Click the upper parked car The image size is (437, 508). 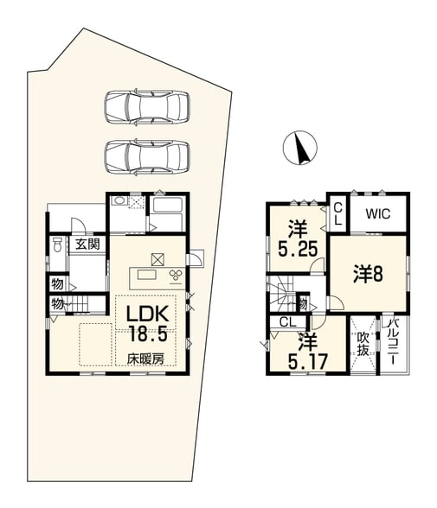147,106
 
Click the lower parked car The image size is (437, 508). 147,157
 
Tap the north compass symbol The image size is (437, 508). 300,148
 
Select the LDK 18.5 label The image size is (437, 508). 148,324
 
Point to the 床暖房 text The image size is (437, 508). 145,359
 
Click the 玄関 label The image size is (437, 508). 87,244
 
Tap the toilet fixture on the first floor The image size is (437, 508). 57,244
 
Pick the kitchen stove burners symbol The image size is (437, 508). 176,276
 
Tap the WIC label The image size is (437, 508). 378,214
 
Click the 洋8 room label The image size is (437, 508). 369,274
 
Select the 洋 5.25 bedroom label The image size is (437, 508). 298,239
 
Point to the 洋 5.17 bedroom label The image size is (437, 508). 307,352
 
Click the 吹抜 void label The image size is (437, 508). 363,344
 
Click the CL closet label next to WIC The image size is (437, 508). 337,214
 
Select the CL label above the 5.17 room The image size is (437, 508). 288,322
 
